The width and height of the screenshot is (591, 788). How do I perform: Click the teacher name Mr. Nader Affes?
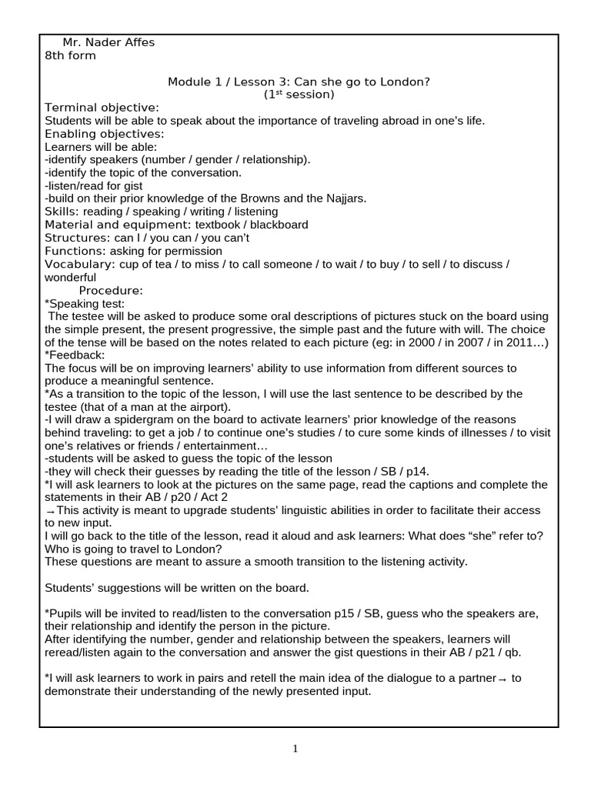[109, 42]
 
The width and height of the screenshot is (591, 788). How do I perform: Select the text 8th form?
[71, 55]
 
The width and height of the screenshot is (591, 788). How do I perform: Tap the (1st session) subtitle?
[299, 95]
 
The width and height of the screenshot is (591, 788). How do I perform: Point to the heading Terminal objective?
[102, 107]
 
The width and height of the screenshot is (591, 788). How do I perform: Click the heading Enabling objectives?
[105, 133]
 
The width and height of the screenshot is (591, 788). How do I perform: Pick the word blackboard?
[272, 225]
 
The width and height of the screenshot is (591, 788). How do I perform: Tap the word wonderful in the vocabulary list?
[71, 277]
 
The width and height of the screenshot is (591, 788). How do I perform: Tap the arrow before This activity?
[50, 511]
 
